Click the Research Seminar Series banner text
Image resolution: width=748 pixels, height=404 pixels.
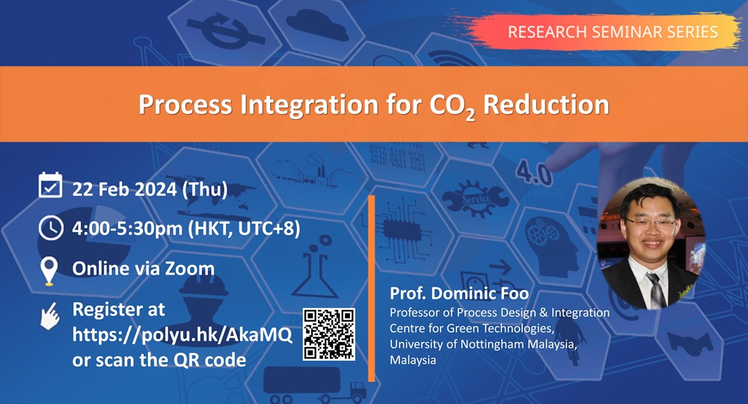coord(613,31)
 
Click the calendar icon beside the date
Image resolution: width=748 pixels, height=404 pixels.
coord(50,185)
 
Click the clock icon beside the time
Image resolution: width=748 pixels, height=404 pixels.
coord(50,227)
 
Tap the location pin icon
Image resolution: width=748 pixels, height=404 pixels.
coord(50,271)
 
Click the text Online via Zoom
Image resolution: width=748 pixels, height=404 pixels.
coord(143,268)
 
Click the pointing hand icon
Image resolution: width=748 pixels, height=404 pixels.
coord(49,316)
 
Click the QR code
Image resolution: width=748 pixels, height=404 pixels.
coord(328,334)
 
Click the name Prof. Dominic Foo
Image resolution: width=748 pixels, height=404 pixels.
coord(449,294)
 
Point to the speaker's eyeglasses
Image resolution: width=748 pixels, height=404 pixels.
coord(645,221)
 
